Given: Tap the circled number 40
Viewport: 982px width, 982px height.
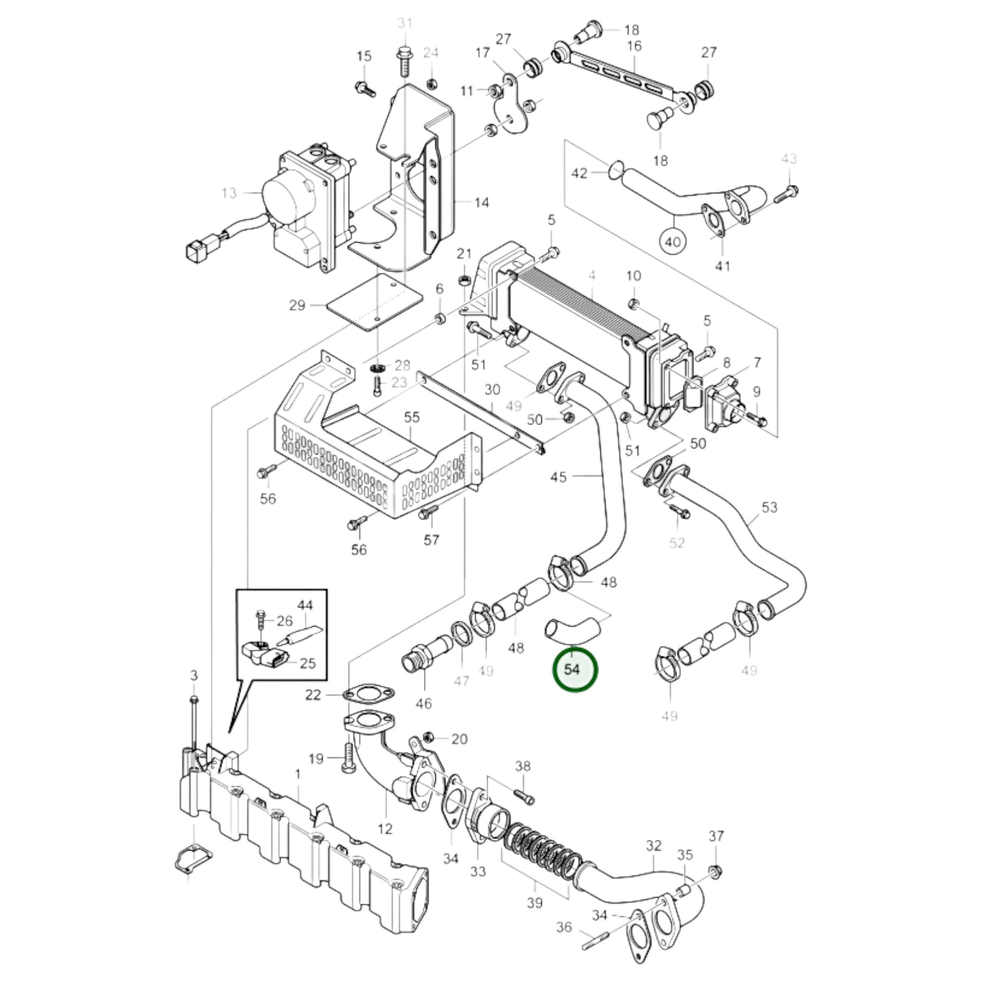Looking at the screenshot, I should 672,241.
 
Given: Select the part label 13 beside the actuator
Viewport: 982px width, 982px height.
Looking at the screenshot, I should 229,193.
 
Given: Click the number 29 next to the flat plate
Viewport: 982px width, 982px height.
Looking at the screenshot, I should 297,305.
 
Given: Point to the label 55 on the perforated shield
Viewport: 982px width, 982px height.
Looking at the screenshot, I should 412,417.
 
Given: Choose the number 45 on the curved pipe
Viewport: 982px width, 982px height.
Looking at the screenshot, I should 558,477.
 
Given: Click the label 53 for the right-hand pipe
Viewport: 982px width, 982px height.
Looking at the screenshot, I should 770,507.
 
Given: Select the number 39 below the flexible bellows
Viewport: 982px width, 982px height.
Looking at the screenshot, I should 535,903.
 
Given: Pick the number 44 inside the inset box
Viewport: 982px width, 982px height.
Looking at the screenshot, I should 305,606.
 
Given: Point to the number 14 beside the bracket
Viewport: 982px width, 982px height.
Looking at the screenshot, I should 481,203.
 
